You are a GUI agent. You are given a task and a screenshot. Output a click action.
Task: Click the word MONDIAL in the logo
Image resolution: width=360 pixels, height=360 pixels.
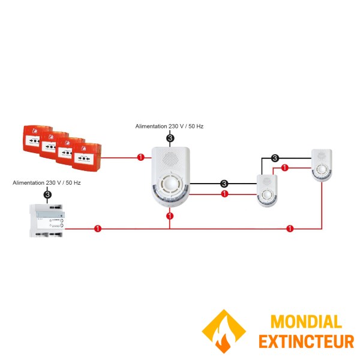306,322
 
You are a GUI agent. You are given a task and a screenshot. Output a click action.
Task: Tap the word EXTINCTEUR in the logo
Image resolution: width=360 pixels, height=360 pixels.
306,341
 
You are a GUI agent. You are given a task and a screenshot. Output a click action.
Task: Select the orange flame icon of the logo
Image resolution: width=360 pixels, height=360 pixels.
223,331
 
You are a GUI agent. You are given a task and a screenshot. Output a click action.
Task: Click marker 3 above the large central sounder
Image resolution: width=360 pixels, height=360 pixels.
170,139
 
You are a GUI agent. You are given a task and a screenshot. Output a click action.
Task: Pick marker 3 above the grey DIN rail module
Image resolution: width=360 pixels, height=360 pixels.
47,194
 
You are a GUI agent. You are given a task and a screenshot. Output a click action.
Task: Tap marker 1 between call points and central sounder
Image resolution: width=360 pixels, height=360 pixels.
141,157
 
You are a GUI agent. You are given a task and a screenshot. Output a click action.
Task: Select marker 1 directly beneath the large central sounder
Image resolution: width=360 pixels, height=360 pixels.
170,215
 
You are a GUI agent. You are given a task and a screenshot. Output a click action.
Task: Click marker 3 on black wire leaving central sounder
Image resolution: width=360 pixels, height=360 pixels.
224,183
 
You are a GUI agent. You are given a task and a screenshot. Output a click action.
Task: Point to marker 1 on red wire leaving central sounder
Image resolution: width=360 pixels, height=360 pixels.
224,194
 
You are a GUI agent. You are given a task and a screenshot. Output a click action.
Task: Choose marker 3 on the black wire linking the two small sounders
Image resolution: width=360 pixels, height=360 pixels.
275,158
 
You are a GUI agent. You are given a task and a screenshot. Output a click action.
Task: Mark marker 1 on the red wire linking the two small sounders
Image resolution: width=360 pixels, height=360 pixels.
285,167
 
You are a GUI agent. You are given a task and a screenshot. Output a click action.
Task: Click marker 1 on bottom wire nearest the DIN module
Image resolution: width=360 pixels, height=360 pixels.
98,229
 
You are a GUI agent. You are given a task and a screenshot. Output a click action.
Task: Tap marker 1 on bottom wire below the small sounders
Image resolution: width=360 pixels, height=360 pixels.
290,229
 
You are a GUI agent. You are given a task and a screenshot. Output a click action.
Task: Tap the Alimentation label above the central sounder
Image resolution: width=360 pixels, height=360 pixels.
170,127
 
